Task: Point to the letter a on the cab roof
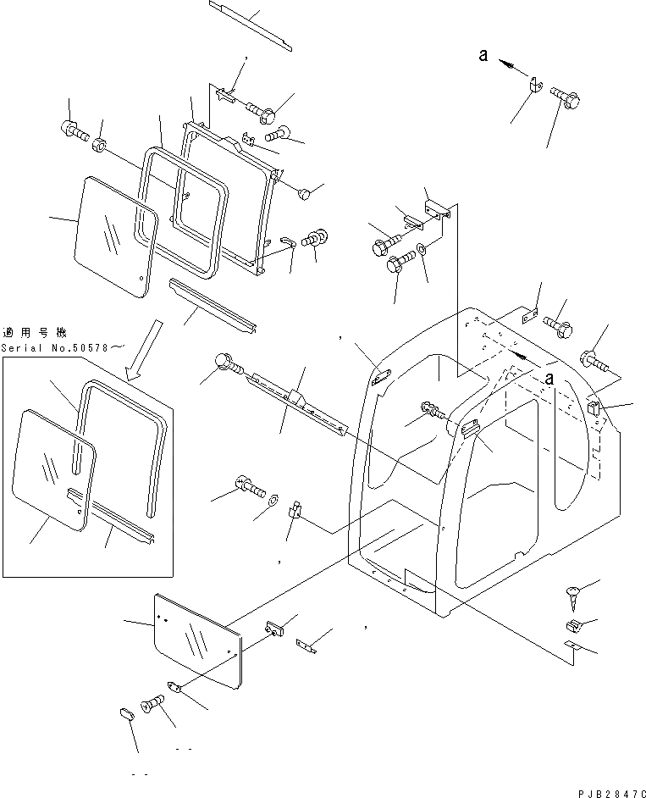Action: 549,378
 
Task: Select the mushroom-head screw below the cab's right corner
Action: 571,596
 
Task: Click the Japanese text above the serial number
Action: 34,333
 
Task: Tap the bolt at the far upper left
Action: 72,130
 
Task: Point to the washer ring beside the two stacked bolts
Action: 421,253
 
